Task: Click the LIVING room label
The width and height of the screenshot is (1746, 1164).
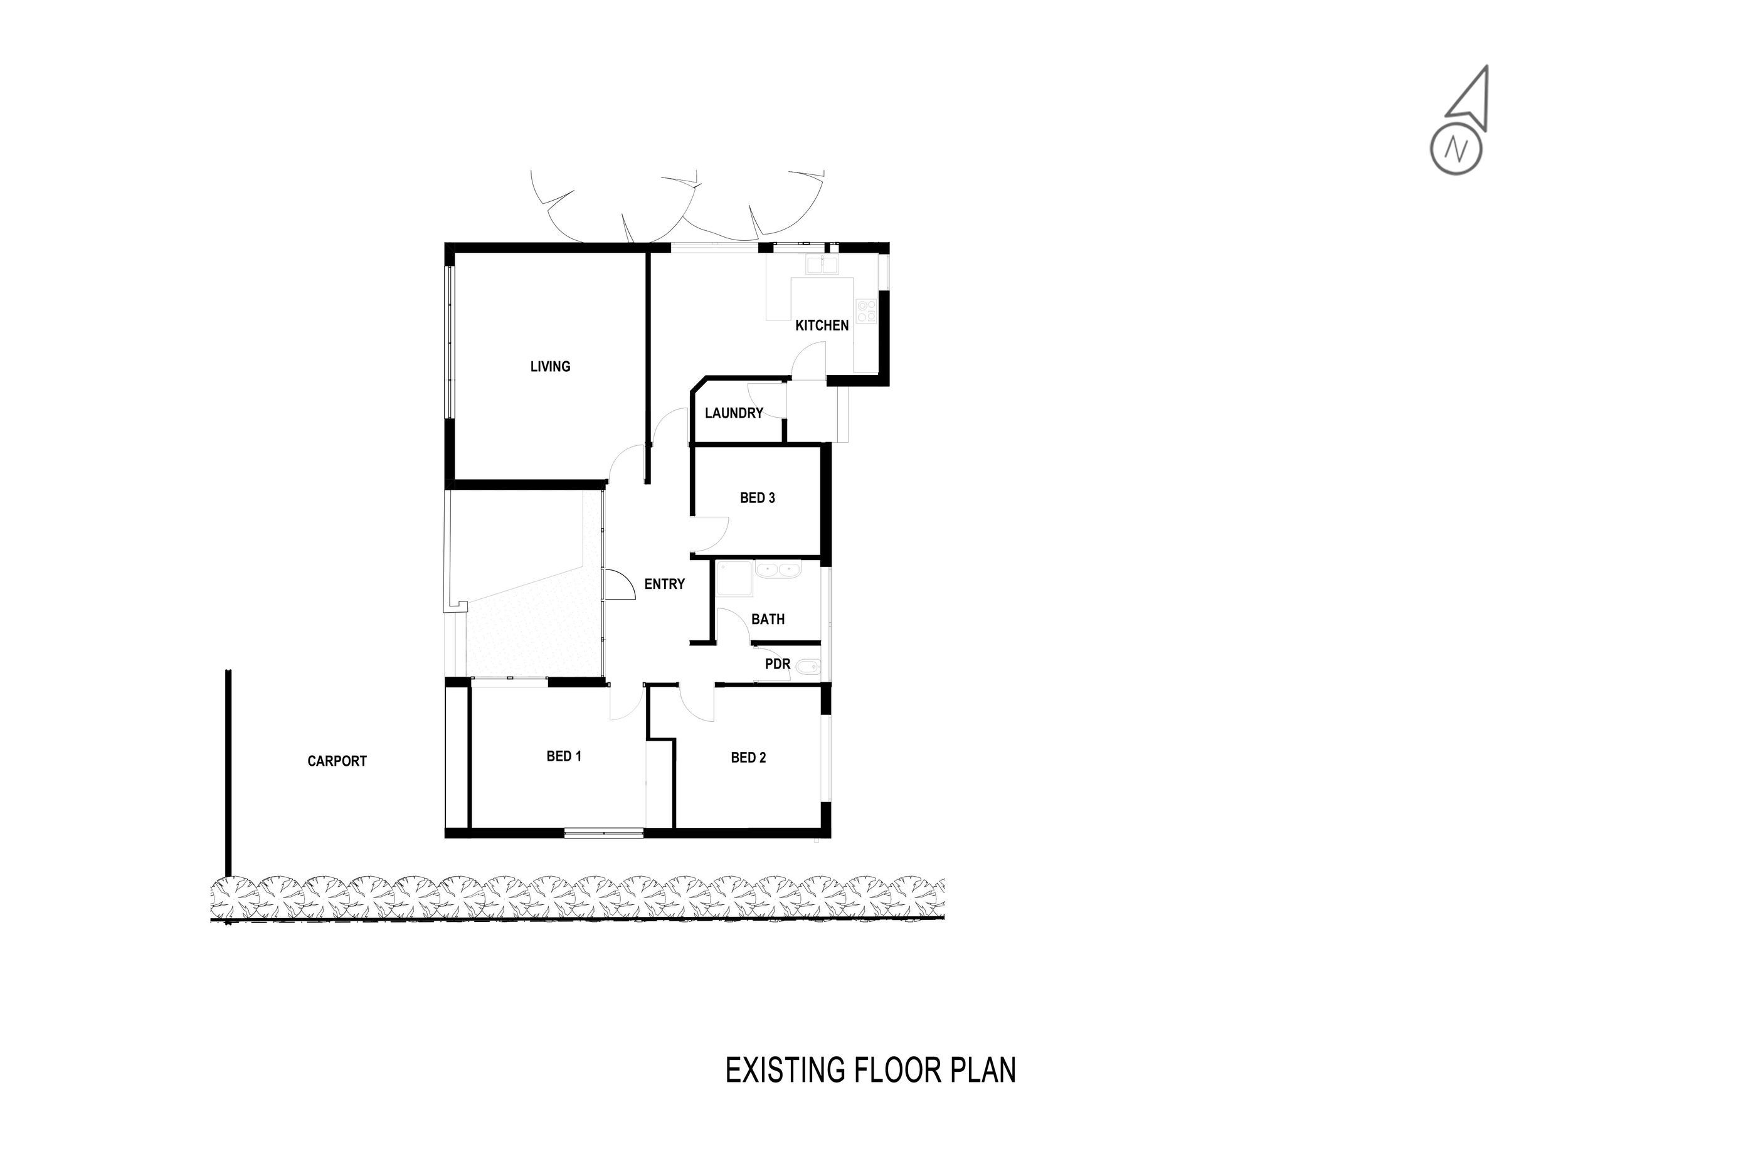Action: point(550,366)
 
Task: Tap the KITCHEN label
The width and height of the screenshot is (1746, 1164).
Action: point(822,325)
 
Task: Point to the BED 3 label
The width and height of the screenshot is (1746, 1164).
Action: point(757,497)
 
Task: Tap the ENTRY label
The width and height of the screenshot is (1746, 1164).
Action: point(664,585)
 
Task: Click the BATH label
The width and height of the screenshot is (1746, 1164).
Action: point(768,619)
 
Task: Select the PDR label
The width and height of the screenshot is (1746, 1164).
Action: point(777,664)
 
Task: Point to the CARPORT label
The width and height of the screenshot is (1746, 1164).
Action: point(337,761)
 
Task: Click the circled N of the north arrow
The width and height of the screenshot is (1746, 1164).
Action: point(1456,150)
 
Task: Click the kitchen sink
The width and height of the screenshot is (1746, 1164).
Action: point(822,265)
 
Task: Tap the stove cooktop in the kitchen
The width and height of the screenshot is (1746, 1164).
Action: point(866,310)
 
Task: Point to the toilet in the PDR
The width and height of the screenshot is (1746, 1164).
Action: point(807,670)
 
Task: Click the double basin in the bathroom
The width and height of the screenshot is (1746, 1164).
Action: point(777,570)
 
